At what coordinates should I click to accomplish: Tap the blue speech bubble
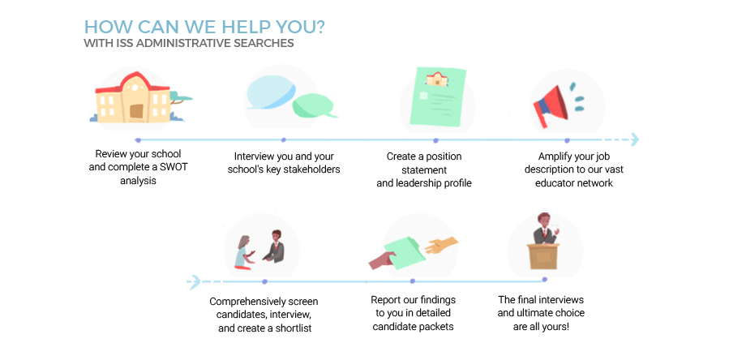point(271,92)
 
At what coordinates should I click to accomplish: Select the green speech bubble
point(314,105)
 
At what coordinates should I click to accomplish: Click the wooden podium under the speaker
point(543,256)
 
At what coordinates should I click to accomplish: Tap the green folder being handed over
point(404,252)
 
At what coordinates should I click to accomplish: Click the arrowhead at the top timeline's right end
point(633,139)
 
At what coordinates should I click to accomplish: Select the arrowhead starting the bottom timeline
point(195,282)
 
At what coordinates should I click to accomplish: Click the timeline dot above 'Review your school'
point(138,140)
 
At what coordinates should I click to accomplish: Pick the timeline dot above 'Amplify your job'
point(567,140)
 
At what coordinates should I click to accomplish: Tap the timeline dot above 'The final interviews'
point(544,280)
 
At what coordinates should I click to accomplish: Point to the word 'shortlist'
point(291,328)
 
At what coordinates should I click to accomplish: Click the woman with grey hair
point(243,252)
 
